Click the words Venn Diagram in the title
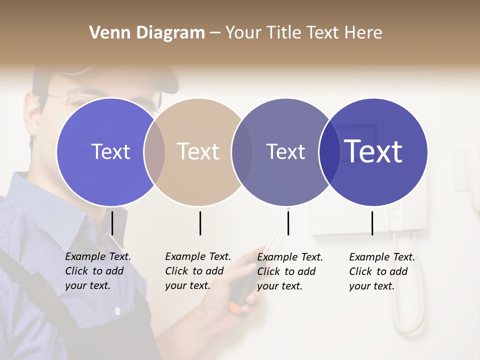[147, 33]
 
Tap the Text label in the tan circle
[198, 151]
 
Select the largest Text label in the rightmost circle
[373, 151]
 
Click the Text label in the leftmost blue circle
[110, 151]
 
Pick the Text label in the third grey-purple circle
[285, 151]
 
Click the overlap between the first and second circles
[154, 152]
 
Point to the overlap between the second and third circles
[242, 152]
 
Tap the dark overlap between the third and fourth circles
[329, 152]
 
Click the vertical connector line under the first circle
[112, 223]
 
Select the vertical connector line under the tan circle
[200, 223]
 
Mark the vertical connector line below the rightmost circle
[372, 223]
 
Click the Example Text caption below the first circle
[97, 271]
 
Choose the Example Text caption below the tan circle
[197, 271]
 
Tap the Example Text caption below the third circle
[289, 271]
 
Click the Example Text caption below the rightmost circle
[381, 271]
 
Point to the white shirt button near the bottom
[117, 311]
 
